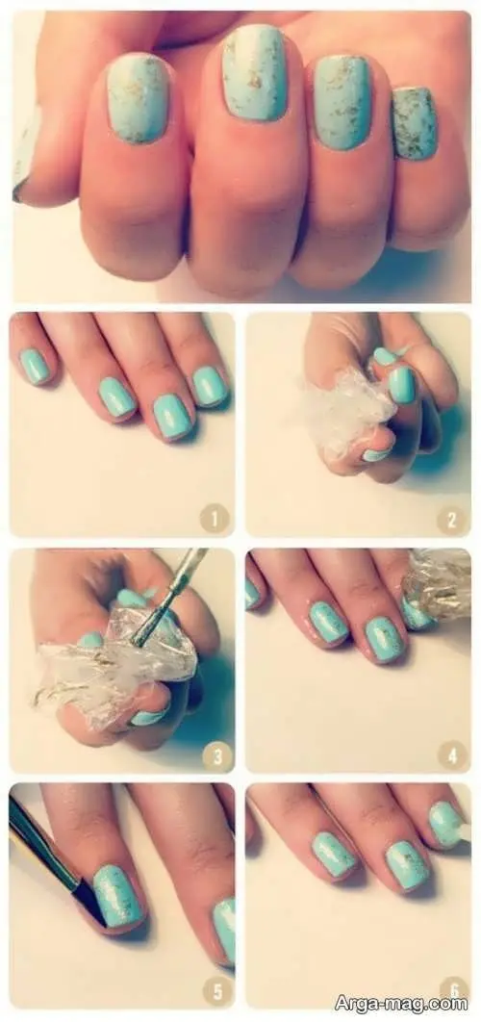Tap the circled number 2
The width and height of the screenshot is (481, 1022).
point(451,519)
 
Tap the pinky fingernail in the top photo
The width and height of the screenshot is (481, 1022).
point(415,123)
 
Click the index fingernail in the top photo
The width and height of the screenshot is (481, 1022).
point(139,97)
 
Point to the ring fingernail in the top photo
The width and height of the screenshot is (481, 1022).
point(342,102)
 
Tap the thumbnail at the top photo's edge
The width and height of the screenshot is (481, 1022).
point(26,153)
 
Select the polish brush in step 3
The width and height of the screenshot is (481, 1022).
point(168,597)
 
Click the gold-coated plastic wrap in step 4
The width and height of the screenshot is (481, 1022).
point(438,583)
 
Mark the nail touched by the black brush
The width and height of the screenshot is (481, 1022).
point(118,895)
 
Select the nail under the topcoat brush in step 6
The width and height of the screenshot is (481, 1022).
point(445,825)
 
